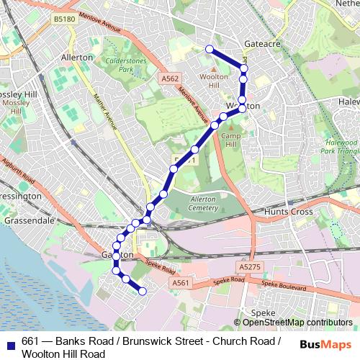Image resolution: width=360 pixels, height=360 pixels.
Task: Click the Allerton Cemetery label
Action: click(193, 204)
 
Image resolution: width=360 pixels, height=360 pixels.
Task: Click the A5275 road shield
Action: click(248, 266)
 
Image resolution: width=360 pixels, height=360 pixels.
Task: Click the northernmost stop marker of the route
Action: click(210, 49)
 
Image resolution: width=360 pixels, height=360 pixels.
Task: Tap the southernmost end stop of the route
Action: click(142, 291)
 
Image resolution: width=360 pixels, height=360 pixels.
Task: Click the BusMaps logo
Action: click(326, 344)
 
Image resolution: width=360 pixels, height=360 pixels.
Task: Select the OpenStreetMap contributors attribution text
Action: click(295, 323)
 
